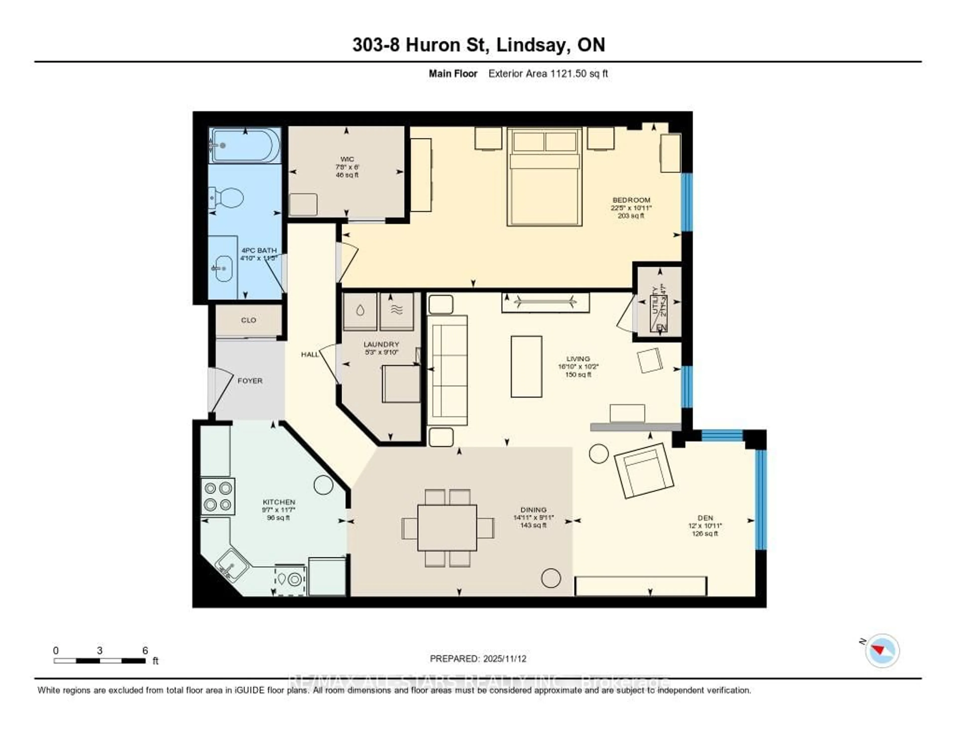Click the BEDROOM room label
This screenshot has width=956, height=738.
click(631, 200)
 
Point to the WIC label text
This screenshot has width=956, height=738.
click(347, 159)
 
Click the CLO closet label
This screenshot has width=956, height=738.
click(248, 320)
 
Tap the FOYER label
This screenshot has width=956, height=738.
click(250, 381)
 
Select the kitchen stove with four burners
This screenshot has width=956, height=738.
click(218, 496)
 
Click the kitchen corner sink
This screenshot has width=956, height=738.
click(232, 565)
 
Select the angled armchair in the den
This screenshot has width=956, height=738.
click(644, 471)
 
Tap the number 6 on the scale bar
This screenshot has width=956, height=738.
click(145, 650)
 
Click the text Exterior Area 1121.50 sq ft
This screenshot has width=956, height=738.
click(548, 73)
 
